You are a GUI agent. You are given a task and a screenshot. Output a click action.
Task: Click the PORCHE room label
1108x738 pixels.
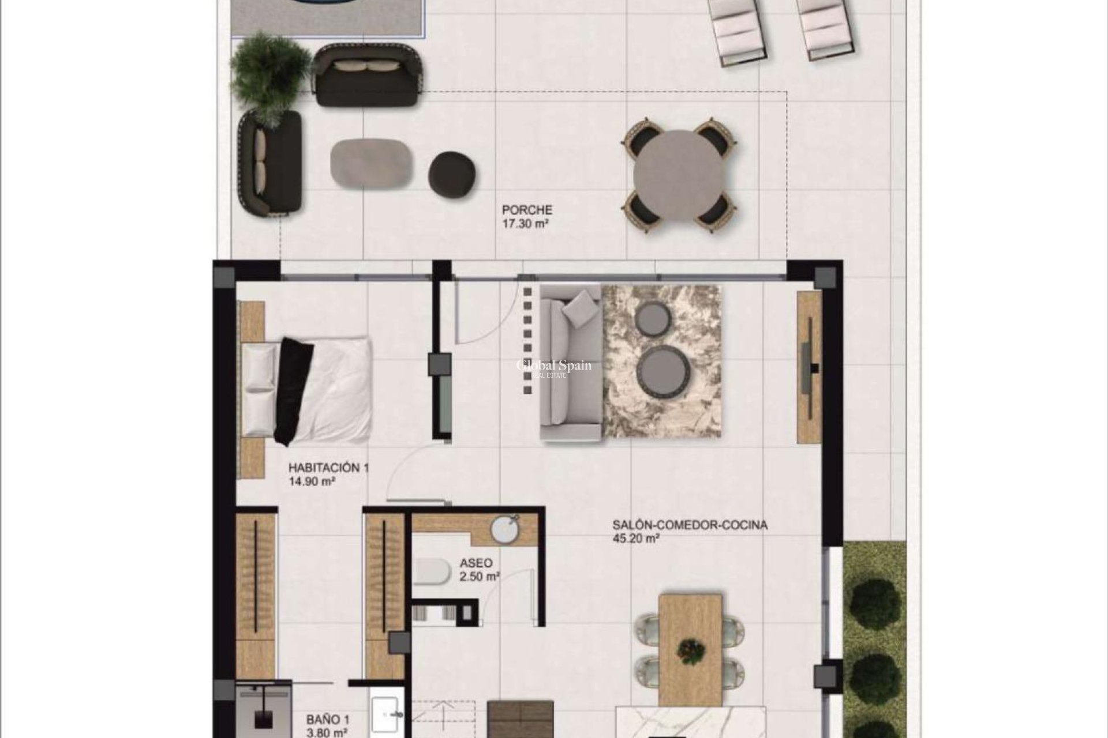point(526,210)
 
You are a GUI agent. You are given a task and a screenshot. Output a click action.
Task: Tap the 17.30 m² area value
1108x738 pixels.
point(525,224)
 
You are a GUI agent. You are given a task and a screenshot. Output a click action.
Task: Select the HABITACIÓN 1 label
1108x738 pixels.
point(328,468)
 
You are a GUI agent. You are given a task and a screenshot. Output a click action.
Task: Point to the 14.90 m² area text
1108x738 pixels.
point(312,481)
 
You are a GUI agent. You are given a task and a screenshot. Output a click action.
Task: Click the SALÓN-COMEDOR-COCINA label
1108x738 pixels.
point(690,525)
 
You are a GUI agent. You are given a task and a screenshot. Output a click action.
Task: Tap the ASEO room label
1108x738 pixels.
point(476,563)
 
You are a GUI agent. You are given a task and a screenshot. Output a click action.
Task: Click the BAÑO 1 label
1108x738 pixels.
point(327,720)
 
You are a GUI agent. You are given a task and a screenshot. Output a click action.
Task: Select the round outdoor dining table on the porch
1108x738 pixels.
point(678,175)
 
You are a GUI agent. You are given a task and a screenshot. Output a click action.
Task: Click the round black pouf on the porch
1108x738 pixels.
point(452,175)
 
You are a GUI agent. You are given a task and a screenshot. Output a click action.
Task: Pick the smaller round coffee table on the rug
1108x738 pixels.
point(653,318)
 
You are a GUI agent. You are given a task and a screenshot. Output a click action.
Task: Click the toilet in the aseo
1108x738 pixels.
point(432,571)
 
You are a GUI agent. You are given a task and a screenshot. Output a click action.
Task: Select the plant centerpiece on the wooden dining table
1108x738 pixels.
point(691,650)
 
